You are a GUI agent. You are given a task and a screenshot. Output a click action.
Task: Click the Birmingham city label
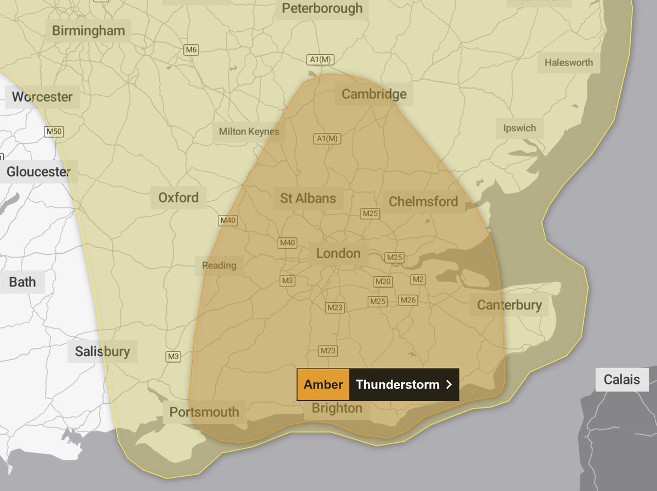pyautogui.click(x=88, y=31)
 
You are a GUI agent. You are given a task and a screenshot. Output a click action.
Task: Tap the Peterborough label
pyautogui.click(x=322, y=8)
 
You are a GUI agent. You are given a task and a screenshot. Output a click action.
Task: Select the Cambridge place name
pyautogui.click(x=374, y=94)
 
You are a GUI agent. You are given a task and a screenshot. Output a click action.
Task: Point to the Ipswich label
pyautogui.click(x=520, y=128)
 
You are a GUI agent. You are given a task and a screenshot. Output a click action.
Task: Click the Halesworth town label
pyautogui.click(x=568, y=62)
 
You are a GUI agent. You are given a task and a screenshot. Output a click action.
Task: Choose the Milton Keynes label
pyautogui.click(x=249, y=131)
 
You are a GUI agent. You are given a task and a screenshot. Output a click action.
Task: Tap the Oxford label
pyautogui.click(x=178, y=197)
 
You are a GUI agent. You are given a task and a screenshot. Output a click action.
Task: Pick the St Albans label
pyautogui.click(x=308, y=198)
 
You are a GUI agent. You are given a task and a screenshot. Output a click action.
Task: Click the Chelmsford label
pyautogui.click(x=423, y=202)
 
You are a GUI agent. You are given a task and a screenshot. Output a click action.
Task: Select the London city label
pyautogui.click(x=338, y=253)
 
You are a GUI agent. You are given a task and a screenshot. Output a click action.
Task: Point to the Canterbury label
pyautogui.click(x=509, y=305)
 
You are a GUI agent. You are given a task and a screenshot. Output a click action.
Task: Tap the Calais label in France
pyautogui.click(x=621, y=379)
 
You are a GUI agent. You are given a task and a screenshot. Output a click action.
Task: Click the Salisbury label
pyautogui.click(x=102, y=351)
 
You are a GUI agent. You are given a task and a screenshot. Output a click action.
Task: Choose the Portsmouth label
pyautogui.click(x=204, y=412)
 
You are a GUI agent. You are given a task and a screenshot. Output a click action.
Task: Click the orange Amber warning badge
pyautogui.click(x=323, y=384)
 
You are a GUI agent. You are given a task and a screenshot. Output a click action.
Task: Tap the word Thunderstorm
pyautogui.click(x=397, y=384)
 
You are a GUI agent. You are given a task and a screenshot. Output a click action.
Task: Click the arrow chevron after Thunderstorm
pyautogui.click(x=449, y=384)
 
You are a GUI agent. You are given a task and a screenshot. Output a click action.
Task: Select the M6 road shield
pyautogui.click(x=191, y=50)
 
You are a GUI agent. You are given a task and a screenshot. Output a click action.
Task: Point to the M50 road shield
pyautogui.click(x=54, y=132)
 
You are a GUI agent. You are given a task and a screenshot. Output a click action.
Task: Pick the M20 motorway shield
pyautogui.click(x=383, y=282)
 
